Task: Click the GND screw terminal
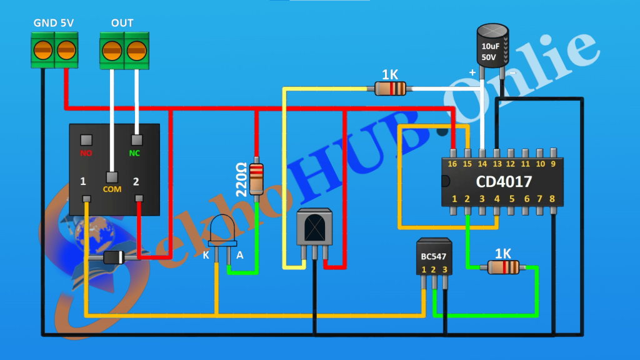pyautogui.click(x=43, y=49)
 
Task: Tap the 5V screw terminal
pyautogui.click(x=66, y=49)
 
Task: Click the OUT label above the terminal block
pyautogui.click(x=122, y=23)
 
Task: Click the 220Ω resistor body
pyautogui.click(x=256, y=179)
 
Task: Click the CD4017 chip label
pyautogui.click(x=504, y=182)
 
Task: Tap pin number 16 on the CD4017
pyautogui.click(x=452, y=164)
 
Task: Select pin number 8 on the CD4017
pyautogui.click(x=552, y=199)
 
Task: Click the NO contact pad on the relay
pyautogui.click(x=86, y=139)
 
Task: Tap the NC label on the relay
pyautogui.click(x=135, y=152)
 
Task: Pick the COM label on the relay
pyautogui.click(x=112, y=188)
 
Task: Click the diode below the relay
pyautogui.click(x=114, y=257)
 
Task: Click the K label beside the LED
pyautogui.click(x=206, y=255)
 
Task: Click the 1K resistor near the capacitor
pyautogui.click(x=390, y=89)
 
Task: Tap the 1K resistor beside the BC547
pyautogui.click(x=502, y=267)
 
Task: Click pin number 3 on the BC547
pyautogui.click(x=445, y=270)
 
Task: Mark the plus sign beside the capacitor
pyautogui.click(x=472, y=73)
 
